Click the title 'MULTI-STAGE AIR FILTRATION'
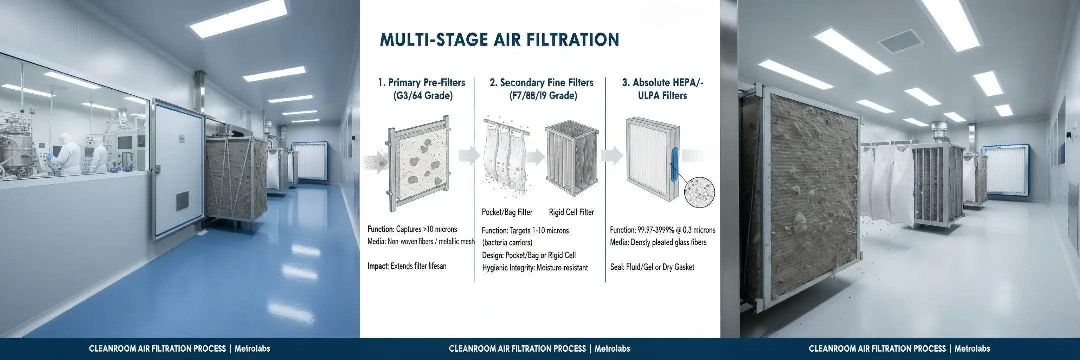coord(499,40)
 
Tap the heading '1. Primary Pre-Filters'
coord(422,83)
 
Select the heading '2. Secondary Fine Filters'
coord(542,83)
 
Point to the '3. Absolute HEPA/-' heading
coord(663,83)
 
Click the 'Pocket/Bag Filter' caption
coord(507,212)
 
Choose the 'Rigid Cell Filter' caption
coord(571,212)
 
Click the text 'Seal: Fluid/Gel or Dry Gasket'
coord(652,267)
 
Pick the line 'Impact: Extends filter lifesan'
coord(407,266)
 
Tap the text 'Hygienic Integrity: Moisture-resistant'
coord(535,268)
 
